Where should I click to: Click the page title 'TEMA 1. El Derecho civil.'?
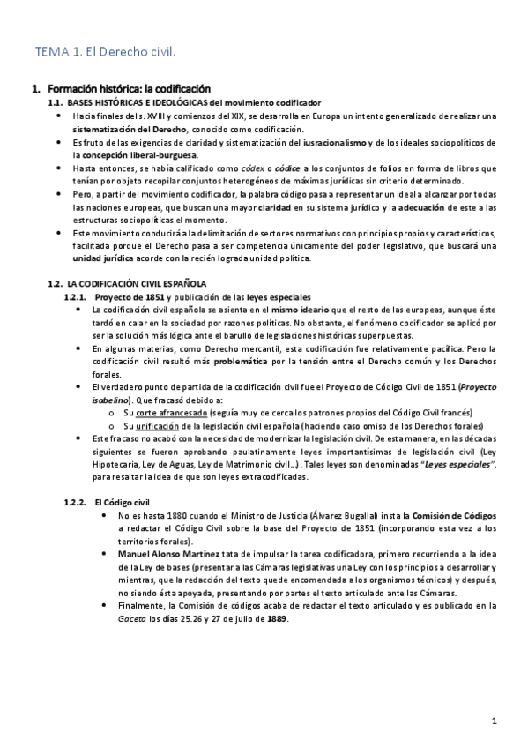point(105,52)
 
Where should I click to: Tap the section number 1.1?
point(55,103)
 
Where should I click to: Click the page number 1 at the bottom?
point(495,721)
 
